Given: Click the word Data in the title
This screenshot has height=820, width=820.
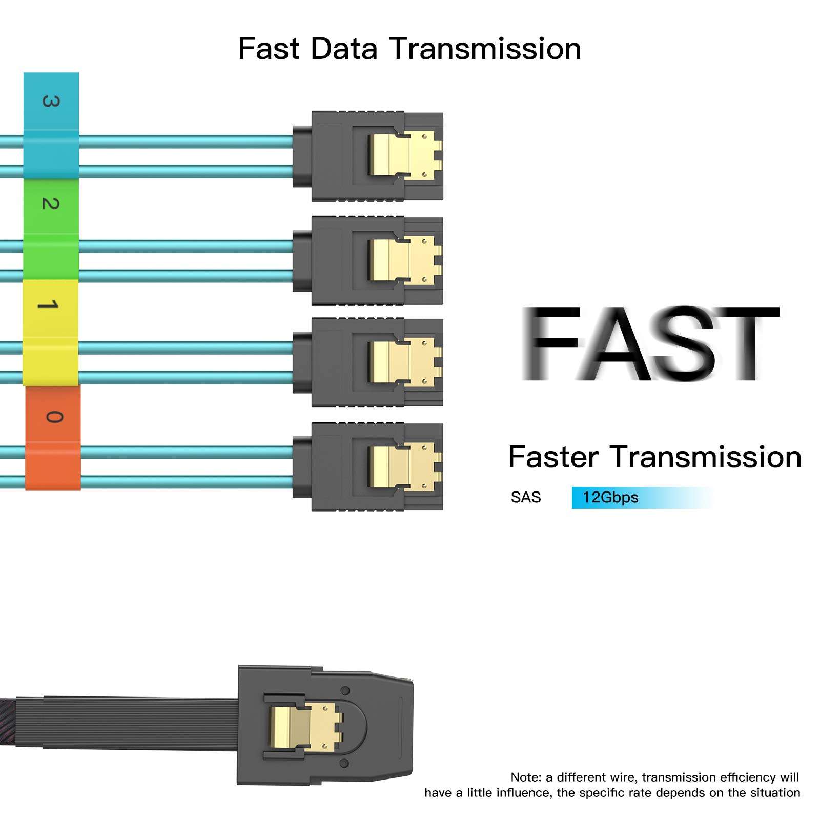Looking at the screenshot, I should point(344,49).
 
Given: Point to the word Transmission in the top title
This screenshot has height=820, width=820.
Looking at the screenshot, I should point(485,49).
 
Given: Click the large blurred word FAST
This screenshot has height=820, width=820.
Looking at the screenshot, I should point(649,343).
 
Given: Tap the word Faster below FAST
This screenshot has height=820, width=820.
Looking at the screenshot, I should point(553,457).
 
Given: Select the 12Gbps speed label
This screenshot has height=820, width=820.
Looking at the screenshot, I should point(610,497).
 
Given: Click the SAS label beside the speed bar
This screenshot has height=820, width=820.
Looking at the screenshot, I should point(526,497).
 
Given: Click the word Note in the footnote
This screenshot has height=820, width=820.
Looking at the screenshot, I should point(525,777).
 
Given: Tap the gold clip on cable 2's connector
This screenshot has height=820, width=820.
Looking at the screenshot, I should point(405,260).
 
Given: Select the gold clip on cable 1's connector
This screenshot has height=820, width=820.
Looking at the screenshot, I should point(405,361).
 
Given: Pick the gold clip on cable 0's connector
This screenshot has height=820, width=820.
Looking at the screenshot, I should point(405,466).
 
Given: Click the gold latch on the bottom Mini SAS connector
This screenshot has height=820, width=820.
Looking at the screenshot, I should point(306,725).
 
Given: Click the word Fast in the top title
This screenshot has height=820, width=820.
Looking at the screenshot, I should point(269,49).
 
